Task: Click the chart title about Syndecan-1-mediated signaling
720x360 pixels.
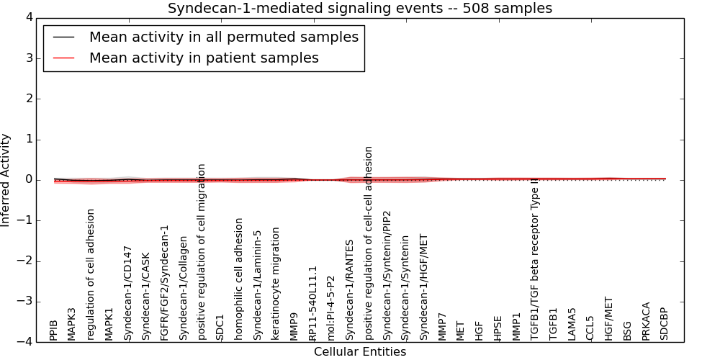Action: [x=360, y=9]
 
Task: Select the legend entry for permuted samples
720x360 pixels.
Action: [x=223, y=37]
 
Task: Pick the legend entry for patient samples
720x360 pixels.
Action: [x=204, y=58]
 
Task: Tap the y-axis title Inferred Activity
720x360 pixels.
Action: [x=6, y=180]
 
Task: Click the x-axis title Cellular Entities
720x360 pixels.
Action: [x=360, y=352]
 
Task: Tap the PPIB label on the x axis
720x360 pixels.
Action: [x=54, y=330]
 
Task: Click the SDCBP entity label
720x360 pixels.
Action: [x=664, y=323]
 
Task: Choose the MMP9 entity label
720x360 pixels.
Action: [x=294, y=326]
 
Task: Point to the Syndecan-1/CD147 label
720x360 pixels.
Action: [x=128, y=292]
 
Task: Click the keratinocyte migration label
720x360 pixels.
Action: [x=276, y=284]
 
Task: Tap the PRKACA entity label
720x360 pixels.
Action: [x=646, y=320]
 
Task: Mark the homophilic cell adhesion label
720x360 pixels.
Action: [x=239, y=279]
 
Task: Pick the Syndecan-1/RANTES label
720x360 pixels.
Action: [x=350, y=289]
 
